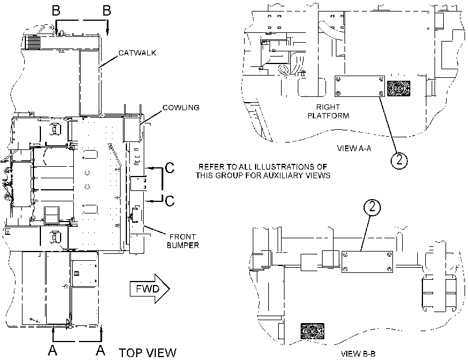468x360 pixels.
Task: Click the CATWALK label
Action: (x=137, y=53)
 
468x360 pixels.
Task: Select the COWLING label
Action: (x=181, y=107)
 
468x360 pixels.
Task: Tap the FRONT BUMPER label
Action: (x=183, y=241)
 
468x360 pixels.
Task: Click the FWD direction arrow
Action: (x=150, y=288)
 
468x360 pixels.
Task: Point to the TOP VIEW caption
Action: (x=148, y=352)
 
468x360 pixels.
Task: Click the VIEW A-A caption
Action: (x=354, y=148)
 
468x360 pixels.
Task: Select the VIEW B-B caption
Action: (x=358, y=354)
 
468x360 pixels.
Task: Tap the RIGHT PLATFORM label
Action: (x=328, y=111)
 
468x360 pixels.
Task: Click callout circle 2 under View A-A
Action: (x=399, y=160)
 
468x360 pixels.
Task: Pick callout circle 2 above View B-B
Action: (x=372, y=207)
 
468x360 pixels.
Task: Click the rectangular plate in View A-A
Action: (x=360, y=87)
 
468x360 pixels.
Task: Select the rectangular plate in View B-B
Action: (x=367, y=262)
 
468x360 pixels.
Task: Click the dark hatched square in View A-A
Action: (x=398, y=88)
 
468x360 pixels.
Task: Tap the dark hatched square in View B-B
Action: (x=313, y=331)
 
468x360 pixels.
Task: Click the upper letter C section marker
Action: (x=170, y=168)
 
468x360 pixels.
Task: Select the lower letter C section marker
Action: (x=170, y=201)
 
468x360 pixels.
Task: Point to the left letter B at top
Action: (x=56, y=10)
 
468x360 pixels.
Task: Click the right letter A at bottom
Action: (x=100, y=350)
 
